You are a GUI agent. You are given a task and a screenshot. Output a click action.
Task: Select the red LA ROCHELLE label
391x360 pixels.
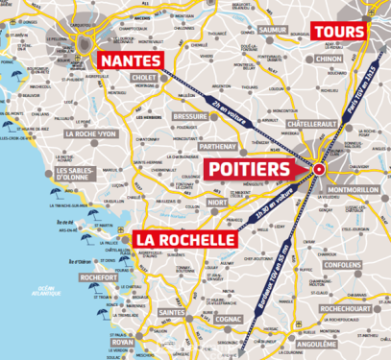pyautogui.click(x=183, y=238)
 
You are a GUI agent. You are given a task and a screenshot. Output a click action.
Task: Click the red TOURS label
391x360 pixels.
pyautogui.click(x=339, y=31)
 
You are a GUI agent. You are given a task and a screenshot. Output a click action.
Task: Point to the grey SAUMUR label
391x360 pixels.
pyautogui.click(x=272, y=30)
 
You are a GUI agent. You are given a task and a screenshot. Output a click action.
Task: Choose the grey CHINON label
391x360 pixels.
pyautogui.click(x=328, y=59)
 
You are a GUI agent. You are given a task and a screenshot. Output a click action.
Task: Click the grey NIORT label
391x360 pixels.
pyautogui.click(x=217, y=203)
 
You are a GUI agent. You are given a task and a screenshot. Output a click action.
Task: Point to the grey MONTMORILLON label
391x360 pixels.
pyautogui.click(x=355, y=190)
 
